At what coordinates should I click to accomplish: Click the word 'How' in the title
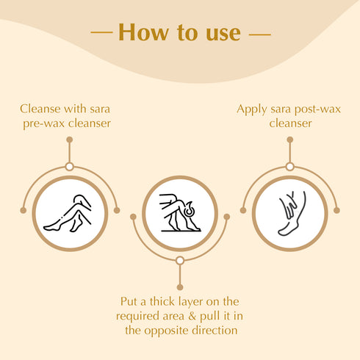click(x=143, y=32)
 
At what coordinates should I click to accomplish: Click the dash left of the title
click(x=101, y=32)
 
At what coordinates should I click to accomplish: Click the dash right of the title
click(x=260, y=34)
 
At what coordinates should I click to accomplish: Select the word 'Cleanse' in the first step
click(x=40, y=109)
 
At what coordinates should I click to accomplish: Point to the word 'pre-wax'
click(x=44, y=123)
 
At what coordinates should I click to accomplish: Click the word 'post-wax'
click(x=317, y=109)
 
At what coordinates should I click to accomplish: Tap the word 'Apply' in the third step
click(x=252, y=109)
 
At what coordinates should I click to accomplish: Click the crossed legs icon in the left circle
click(x=68, y=213)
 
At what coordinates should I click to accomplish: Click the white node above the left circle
click(x=70, y=167)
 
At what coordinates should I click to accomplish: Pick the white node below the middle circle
click(x=180, y=261)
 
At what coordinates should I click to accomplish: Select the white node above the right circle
click(x=290, y=167)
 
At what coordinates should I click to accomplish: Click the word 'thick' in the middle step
click(x=162, y=301)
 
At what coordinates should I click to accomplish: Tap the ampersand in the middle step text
click(x=192, y=316)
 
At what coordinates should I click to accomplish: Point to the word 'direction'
click(x=215, y=331)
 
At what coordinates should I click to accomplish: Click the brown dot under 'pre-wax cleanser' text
click(x=70, y=140)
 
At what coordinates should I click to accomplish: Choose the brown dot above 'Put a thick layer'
click(x=180, y=287)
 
